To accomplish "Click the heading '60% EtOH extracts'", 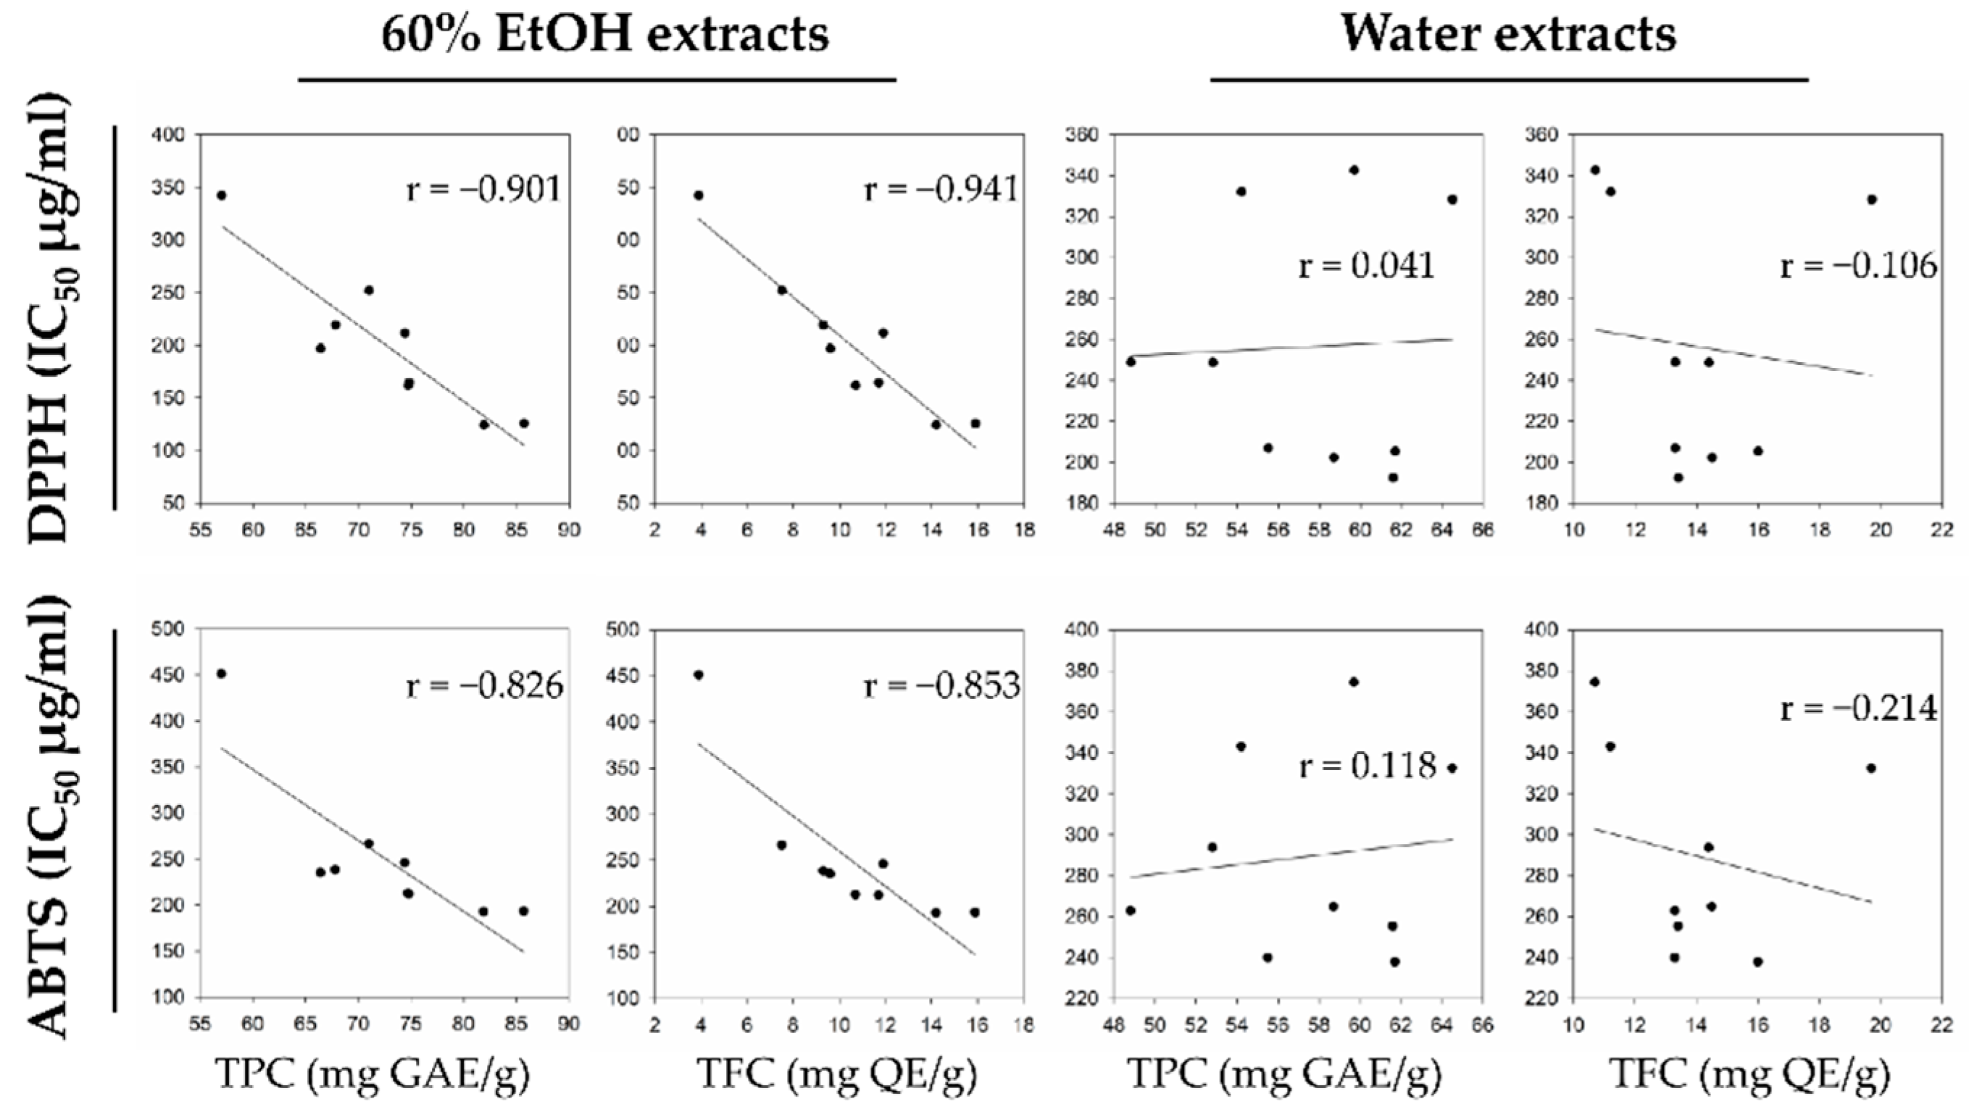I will point(604,35).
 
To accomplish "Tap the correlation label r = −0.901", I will point(484,190).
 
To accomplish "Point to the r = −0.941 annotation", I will point(941,190).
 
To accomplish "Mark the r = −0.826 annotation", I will point(485,685).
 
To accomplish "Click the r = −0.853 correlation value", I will point(941,685).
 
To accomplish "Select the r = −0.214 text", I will point(1859,708).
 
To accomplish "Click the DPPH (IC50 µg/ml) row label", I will point(51,319).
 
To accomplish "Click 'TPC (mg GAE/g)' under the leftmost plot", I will point(372,1074).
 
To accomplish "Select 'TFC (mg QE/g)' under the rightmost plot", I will point(1749,1074).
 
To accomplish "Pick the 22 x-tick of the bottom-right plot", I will point(1942,1024).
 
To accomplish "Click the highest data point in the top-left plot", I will point(222,196).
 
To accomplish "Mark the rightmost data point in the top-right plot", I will point(1872,199).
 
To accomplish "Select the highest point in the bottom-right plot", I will point(1594,682).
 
